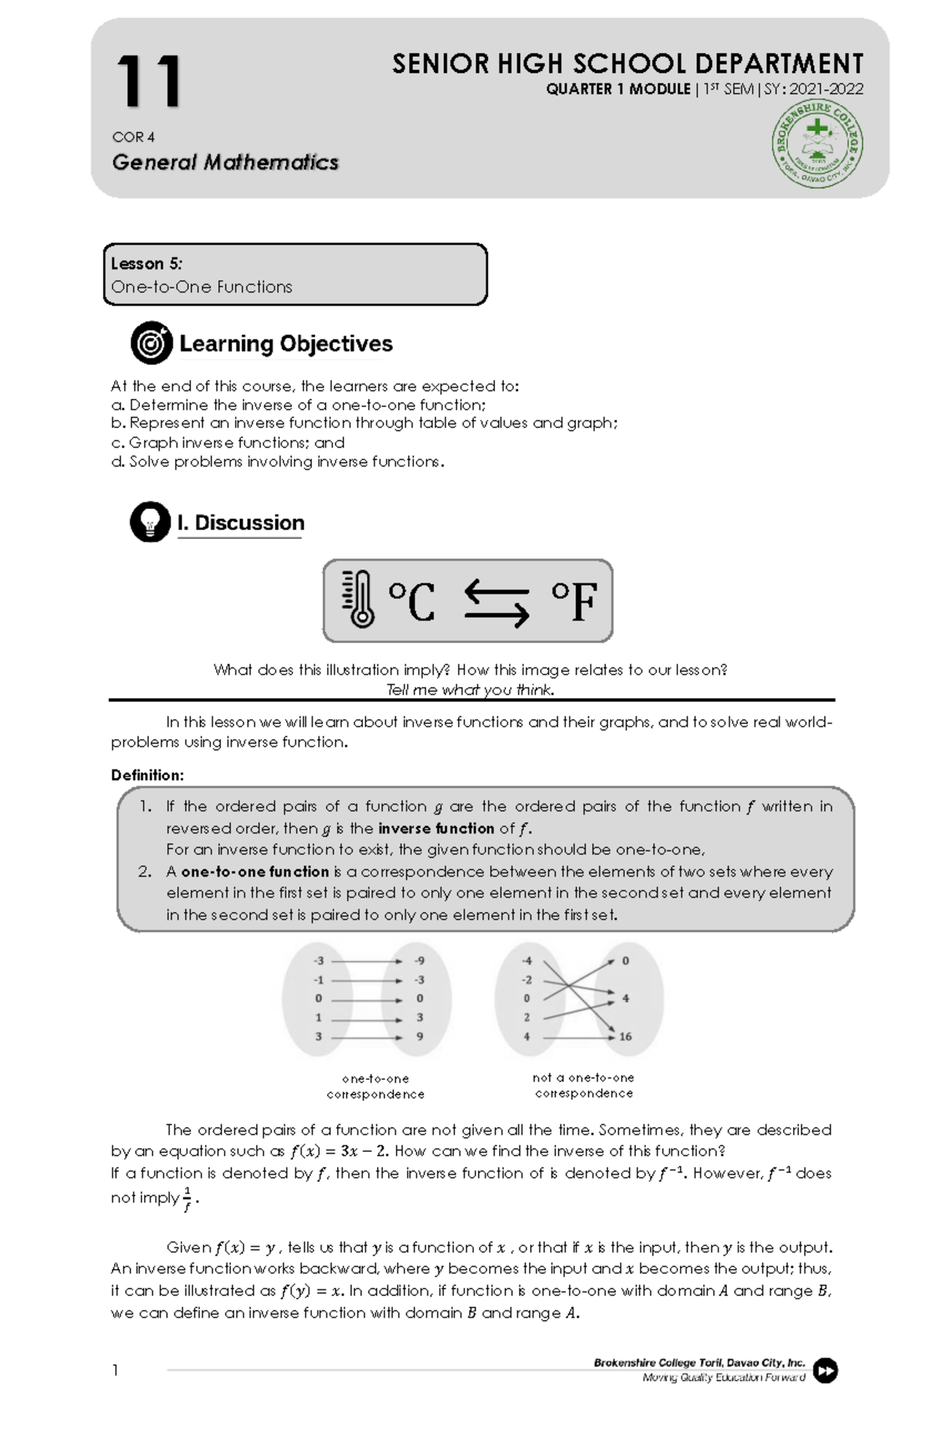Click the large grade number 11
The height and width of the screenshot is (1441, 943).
click(x=149, y=82)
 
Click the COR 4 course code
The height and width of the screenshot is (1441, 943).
click(x=133, y=137)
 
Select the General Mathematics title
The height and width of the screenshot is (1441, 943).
click(x=225, y=163)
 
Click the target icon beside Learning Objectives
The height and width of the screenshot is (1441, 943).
click(x=152, y=343)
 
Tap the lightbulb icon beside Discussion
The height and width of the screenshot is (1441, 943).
click(x=150, y=522)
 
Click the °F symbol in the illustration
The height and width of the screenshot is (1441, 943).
click(x=574, y=602)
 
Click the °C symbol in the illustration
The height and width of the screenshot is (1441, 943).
click(x=412, y=602)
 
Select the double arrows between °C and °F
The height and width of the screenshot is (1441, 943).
click(x=496, y=602)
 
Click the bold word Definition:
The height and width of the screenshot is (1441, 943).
click(x=147, y=775)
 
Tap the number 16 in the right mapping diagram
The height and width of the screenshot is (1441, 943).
click(x=626, y=1037)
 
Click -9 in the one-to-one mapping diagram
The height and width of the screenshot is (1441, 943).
click(x=420, y=960)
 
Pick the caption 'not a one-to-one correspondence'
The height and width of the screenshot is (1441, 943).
click(x=583, y=1085)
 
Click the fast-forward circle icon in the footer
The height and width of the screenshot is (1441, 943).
click(x=825, y=1370)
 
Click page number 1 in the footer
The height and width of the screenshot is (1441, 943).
click(x=116, y=1370)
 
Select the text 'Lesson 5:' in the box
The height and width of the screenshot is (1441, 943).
click(x=146, y=264)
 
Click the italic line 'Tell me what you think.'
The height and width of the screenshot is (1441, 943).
click(x=470, y=689)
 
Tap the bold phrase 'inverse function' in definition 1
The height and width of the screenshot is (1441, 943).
click(x=436, y=828)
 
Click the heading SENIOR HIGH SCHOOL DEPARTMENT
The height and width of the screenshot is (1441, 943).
click(x=627, y=64)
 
